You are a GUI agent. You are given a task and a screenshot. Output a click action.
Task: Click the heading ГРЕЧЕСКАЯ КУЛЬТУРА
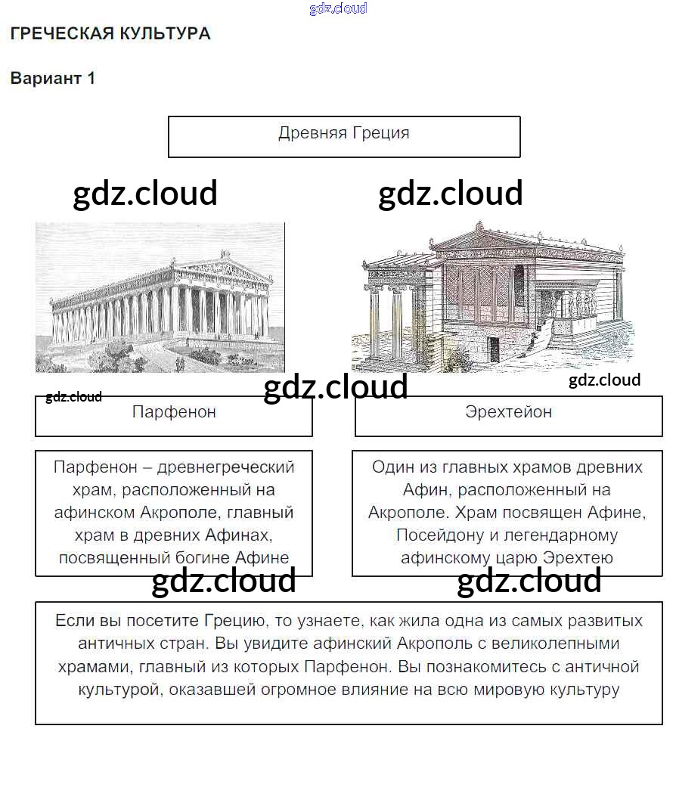click(x=110, y=33)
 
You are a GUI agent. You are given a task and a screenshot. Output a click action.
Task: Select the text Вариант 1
click(x=53, y=79)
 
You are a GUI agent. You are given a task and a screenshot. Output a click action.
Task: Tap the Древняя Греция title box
click(x=344, y=135)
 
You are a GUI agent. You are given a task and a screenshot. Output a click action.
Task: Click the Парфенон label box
click(x=174, y=416)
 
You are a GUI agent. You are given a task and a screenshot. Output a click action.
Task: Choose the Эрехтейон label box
click(x=508, y=416)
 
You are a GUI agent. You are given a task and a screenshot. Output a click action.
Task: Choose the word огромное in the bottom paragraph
click(x=349, y=689)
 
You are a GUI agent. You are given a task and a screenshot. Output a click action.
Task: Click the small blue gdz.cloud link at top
click(x=338, y=8)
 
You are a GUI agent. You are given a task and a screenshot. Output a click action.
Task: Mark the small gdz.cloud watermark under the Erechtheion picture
click(x=604, y=380)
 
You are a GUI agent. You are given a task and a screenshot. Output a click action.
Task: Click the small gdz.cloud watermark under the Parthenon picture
click(x=73, y=397)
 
